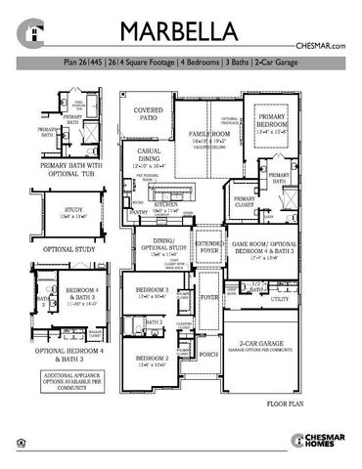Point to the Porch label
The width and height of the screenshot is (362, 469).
point(208,354)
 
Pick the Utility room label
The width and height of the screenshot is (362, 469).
point(281,300)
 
